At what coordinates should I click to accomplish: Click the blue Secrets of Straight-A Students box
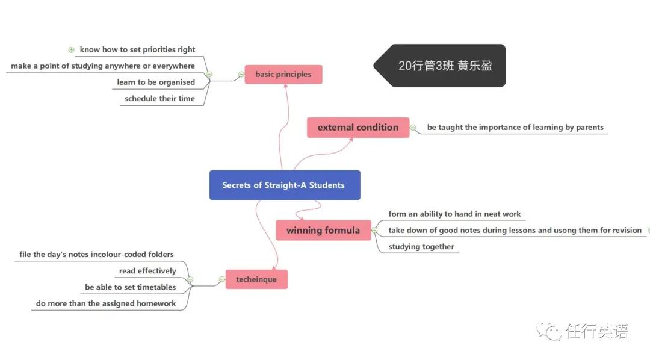285,185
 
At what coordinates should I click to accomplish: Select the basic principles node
283,74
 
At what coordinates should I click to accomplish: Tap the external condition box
358,128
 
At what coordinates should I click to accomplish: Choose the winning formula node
323,230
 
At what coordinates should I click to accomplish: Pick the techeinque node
256,279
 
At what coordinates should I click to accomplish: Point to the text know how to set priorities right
137,49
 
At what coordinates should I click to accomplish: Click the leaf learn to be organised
156,82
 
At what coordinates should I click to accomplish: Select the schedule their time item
159,98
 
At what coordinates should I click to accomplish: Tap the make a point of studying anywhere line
103,66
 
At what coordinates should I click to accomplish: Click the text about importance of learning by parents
515,128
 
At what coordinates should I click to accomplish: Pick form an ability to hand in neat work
454,214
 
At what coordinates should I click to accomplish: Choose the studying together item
421,247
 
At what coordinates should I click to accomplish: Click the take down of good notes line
515,230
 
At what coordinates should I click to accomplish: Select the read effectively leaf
147,271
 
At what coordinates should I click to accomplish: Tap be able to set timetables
130,287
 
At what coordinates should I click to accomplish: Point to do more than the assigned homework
106,303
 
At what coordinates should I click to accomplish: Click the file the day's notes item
96,254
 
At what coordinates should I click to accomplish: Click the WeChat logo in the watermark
549,331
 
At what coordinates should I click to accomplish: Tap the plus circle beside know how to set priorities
71,50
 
